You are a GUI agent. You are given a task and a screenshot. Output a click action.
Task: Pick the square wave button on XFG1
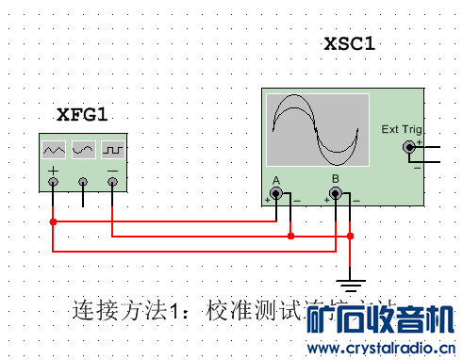pos(113,149)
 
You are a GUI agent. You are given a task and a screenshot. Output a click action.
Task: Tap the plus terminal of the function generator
pos(54,180)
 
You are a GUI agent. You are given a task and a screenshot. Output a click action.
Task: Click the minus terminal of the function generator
pos(112,180)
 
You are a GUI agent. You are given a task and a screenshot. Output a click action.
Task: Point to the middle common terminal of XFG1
pos(83,180)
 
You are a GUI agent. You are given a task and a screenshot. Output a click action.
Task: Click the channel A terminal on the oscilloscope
pos(280,194)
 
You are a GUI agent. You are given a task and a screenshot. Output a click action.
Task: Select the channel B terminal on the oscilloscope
pos(335,194)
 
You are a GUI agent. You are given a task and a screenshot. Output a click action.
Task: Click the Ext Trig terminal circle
pos(409,146)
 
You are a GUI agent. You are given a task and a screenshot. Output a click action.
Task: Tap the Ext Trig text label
pos(402,129)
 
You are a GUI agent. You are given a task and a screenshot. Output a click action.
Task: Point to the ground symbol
pos(351,280)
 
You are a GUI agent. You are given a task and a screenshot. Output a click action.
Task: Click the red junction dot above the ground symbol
pos(351,236)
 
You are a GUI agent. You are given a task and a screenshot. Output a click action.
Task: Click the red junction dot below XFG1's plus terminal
pos(54,221)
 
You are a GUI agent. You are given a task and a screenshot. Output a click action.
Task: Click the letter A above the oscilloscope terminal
pos(276,179)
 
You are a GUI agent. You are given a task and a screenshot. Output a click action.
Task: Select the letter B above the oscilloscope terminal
pos(335,179)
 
